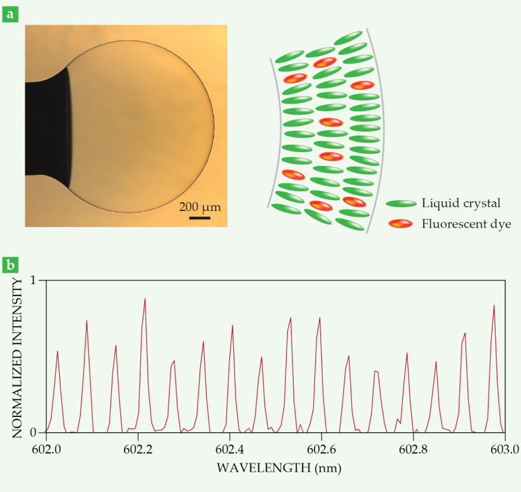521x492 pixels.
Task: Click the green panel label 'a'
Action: point(11,13)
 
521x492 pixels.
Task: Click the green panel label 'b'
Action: point(11,263)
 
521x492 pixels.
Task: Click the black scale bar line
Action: point(200,218)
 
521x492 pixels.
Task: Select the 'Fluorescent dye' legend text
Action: point(466,224)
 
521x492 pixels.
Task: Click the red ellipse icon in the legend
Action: point(402,224)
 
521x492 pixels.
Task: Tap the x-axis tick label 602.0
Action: point(46,449)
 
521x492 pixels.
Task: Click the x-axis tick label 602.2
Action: point(138,449)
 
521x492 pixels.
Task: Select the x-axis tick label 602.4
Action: point(229,449)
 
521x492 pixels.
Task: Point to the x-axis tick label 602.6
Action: point(321,449)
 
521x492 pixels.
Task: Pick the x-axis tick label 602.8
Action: point(413,449)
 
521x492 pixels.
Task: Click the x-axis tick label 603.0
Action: point(504,449)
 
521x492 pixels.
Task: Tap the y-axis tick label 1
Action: point(34,280)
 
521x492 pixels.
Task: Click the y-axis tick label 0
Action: point(34,433)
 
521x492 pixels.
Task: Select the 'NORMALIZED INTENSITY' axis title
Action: point(17,356)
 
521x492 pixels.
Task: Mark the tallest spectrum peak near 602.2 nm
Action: point(145,299)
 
